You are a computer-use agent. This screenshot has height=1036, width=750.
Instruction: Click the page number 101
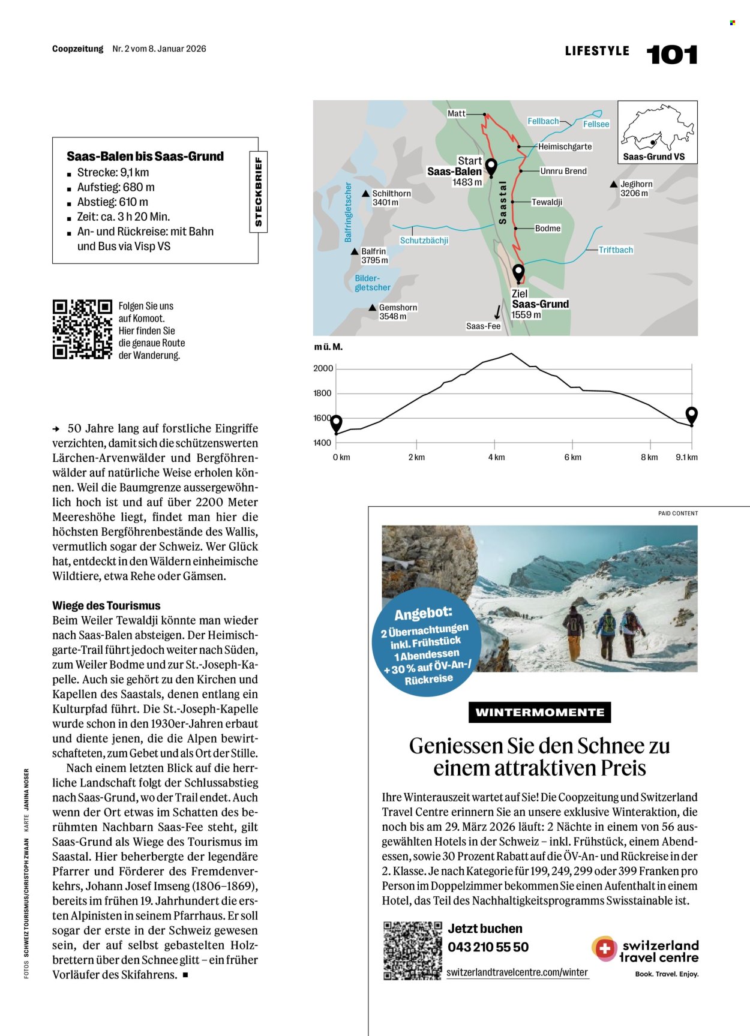click(x=671, y=55)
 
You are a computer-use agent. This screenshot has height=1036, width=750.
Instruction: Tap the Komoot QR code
click(x=82, y=329)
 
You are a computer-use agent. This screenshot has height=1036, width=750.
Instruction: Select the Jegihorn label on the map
click(x=636, y=184)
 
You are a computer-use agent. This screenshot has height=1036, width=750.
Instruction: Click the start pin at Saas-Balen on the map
click(x=491, y=167)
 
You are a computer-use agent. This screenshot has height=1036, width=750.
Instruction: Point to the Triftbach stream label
click(x=616, y=250)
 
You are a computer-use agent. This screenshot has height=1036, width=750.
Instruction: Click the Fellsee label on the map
click(x=596, y=124)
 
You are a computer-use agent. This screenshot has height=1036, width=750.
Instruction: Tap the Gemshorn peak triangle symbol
click(x=373, y=308)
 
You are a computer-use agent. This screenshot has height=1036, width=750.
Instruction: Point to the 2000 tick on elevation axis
click(x=323, y=368)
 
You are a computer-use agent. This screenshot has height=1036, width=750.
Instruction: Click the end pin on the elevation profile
click(x=691, y=415)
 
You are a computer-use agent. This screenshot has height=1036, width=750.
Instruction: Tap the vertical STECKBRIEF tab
click(x=258, y=191)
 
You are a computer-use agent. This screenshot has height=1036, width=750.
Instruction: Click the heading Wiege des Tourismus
click(x=106, y=605)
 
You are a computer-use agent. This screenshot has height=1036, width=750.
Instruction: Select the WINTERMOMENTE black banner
click(x=539, y=712)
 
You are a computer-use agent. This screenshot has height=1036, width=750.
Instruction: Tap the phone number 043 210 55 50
click(x=488, y=947)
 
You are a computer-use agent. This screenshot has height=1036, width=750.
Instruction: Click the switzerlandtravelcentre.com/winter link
click(x=517, y=972)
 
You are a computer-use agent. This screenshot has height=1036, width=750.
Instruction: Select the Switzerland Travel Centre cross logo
click(x=605, y=949)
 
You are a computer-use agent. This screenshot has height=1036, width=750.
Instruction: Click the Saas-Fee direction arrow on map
click(x=497, y=312)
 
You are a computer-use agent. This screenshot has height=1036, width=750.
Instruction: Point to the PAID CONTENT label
click(x=677, y=514)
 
